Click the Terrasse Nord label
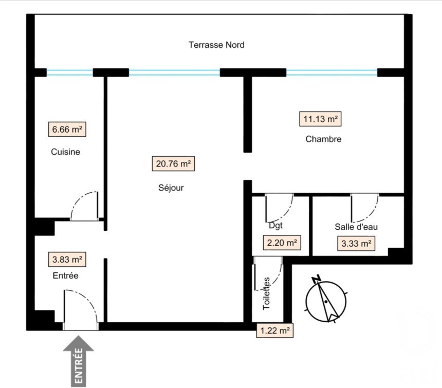(216, 45)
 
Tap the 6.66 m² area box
(67, 130)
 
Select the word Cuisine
(65, 152)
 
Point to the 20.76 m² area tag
(173, 164)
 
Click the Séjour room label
(171, 188)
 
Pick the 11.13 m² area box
(320, 119)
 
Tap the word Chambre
(323, 139)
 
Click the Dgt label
(275, 226)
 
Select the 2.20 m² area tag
(282, 243)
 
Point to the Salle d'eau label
(356, 227)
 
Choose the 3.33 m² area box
(356, 244)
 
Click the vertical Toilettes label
(266, 293)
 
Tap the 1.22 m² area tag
(275, 330)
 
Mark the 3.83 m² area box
(67, 259)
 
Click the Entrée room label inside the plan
(65, 275)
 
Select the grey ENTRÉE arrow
(78, 361)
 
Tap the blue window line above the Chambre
(332, 72)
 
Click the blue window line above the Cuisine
(69, 72)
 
